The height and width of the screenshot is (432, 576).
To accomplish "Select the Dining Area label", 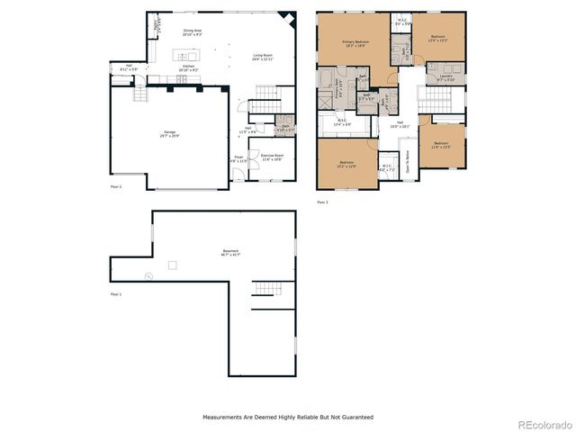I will pos(192,32).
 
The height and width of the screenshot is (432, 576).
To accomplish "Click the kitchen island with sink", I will pos(187,56).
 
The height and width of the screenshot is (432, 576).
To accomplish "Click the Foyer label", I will pos(238,159).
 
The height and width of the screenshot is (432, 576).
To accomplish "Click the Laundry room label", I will pos(446,77).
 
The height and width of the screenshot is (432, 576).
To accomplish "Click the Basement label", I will pos(231,253).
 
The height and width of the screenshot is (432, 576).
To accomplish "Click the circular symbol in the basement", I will pos(148,275).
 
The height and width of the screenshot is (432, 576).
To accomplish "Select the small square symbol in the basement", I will pos(172,265).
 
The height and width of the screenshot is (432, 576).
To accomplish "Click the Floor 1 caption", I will pos(115,294).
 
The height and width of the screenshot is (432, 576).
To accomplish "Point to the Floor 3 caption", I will pos(322,202).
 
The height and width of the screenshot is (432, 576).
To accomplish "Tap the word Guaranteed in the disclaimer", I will pos(355,418).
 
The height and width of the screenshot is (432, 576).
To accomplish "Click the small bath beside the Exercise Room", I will pos(284,128).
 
